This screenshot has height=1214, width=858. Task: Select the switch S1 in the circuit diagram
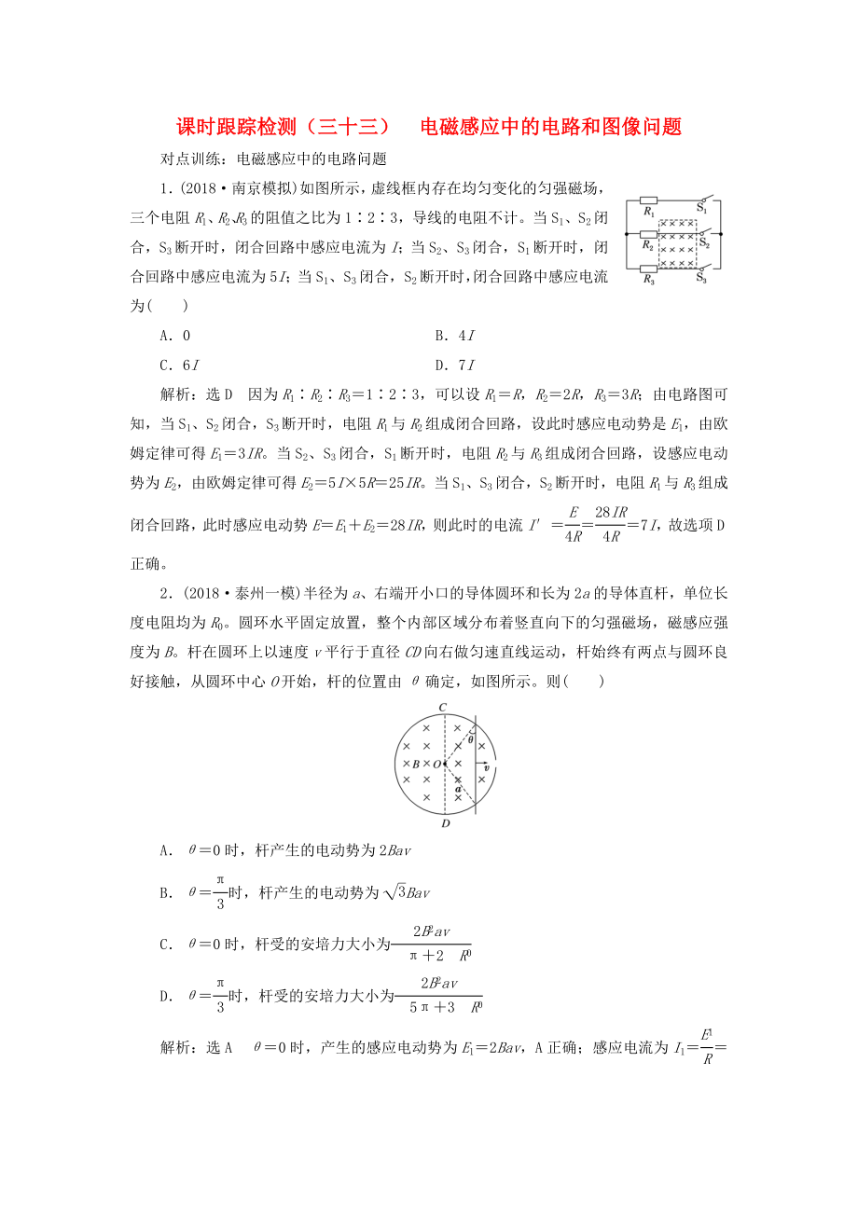point(702,199)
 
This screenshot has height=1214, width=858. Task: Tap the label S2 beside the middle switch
point(705,245)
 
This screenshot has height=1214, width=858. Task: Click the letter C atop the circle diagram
point(443,708)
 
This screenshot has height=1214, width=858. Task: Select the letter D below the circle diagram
point(445,823)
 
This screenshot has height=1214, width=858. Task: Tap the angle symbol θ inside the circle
point(471,738)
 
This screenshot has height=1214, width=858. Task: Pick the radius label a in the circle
point(458,789)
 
